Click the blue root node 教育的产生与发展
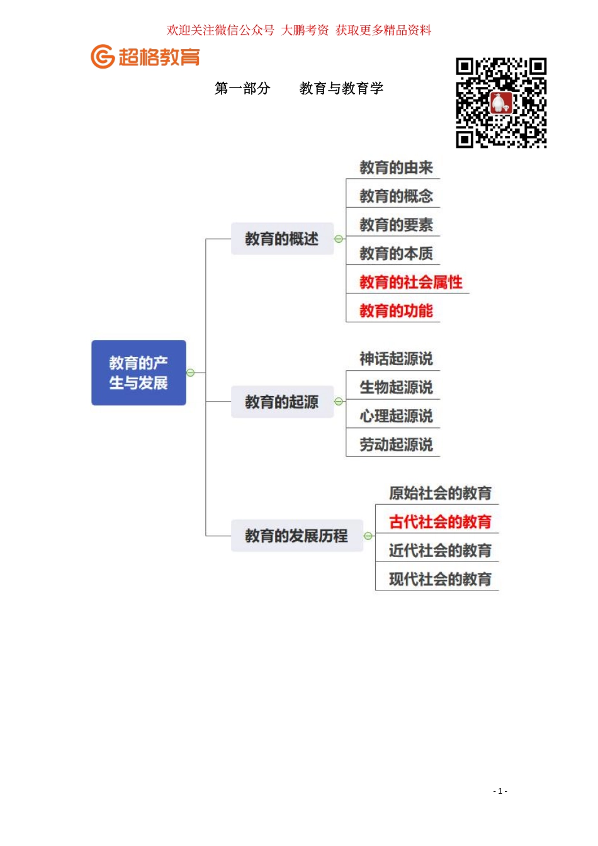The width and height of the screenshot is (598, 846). click(138, 373)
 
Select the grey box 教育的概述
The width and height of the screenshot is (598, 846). click(281, 239)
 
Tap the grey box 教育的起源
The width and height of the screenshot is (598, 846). click(281, 402)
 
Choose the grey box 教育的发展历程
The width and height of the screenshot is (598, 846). click(296, 536)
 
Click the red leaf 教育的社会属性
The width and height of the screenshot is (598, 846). click(410, 282)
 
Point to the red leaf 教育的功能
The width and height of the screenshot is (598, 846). click(396, 311)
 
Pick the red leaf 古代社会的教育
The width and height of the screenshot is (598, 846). click(440, 522)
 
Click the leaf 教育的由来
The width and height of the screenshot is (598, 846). click(396, 167)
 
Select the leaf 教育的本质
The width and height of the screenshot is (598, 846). click(396, 254)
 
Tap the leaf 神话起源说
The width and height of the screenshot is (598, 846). click(396, 359)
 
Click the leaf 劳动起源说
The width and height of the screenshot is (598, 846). click(396, 445)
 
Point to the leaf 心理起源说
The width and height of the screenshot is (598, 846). click(396, 416)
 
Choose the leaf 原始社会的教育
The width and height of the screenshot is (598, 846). click(440, 493)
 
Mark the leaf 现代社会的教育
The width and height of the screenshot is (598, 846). click(440, 579)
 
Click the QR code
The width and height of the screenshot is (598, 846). click(501, 103)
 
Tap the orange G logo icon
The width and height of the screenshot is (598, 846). click(103, 57)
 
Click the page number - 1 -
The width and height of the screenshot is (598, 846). click(500, 791)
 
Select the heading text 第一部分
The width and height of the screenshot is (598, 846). click(242, 89)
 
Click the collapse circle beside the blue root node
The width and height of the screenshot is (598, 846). click(191, 373)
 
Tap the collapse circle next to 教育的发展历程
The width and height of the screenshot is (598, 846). click(368, 536)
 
